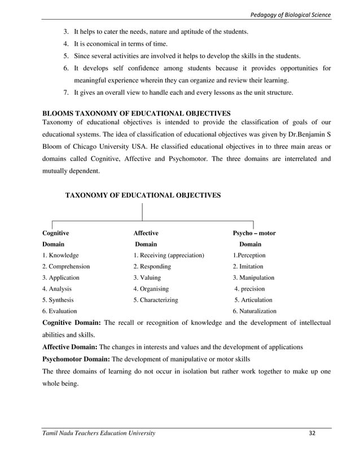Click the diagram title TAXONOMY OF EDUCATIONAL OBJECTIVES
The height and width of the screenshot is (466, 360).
[143, 195]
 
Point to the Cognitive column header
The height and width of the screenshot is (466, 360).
[56, 232]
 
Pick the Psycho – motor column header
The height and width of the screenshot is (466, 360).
[254, 232]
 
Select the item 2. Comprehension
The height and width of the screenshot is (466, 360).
[66, 266]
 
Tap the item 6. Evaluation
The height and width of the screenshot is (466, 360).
[60, 311]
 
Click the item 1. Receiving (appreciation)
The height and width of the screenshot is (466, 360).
[169, 255]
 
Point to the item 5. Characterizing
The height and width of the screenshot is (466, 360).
[156, 300]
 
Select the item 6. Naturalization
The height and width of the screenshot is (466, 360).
[254, 311]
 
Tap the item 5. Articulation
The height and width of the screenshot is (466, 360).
[253, 300]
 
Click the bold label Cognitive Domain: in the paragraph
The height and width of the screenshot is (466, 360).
[72, 322]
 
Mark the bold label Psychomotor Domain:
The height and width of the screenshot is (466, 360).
[76, 359]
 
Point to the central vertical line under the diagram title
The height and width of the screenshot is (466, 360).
[142, 211]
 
